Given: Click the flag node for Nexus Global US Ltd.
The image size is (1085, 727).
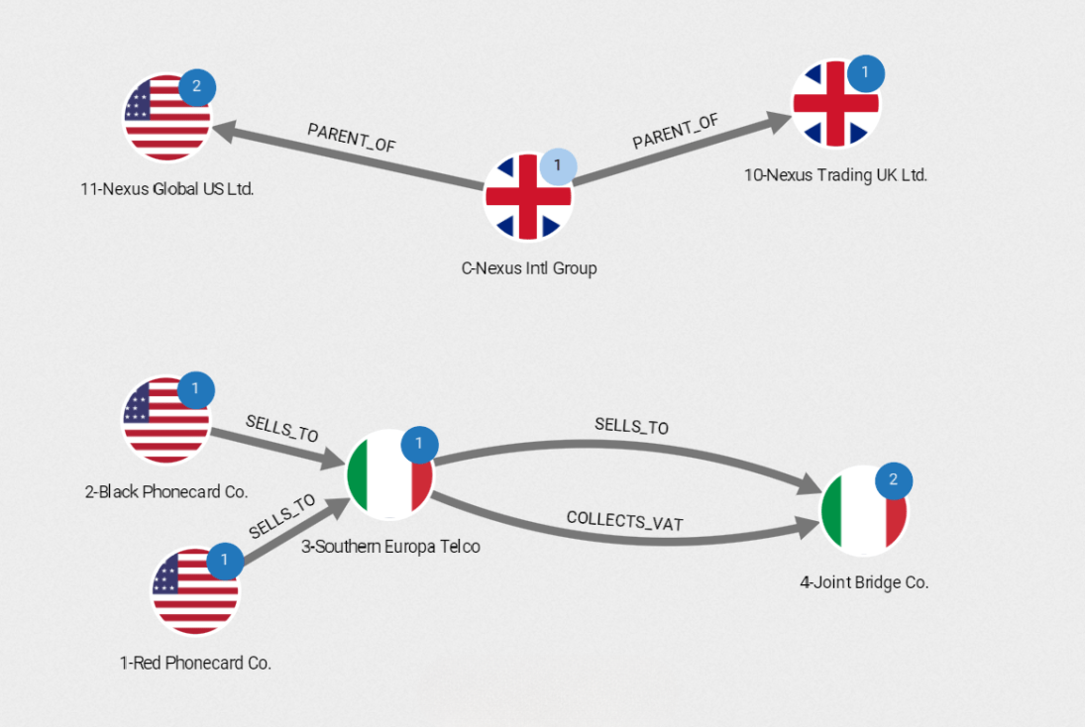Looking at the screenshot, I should (166, 117).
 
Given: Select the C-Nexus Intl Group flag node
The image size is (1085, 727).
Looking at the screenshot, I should (527, 196).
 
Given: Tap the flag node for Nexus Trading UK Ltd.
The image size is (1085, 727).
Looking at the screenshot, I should (835, 103).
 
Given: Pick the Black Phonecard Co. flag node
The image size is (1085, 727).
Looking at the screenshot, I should (165, 420).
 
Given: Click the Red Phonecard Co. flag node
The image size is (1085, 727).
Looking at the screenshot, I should (195, 591).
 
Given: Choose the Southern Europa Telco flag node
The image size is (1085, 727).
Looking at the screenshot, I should (389, 474).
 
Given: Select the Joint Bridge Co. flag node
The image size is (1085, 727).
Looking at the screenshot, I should (864, 510).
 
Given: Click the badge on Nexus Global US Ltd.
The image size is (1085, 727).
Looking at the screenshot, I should (196, 86).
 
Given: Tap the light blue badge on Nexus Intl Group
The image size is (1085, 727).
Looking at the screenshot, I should (557, 165).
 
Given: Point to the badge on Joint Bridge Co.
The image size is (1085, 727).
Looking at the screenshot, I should (893, 480).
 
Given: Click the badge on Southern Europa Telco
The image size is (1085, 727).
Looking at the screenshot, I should (419, 444).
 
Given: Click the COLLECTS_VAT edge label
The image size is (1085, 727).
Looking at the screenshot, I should (624, 521).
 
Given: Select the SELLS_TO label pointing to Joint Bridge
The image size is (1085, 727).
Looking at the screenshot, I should (631, 426).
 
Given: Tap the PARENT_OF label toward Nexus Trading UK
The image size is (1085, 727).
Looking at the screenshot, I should (676, 132).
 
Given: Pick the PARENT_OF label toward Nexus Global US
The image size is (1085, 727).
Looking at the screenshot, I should (351, 138).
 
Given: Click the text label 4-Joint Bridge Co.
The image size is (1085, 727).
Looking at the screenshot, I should (864, 582).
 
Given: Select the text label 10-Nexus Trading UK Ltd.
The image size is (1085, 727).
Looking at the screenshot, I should (835, 175).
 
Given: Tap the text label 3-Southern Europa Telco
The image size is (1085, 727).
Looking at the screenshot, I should (390, 546).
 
